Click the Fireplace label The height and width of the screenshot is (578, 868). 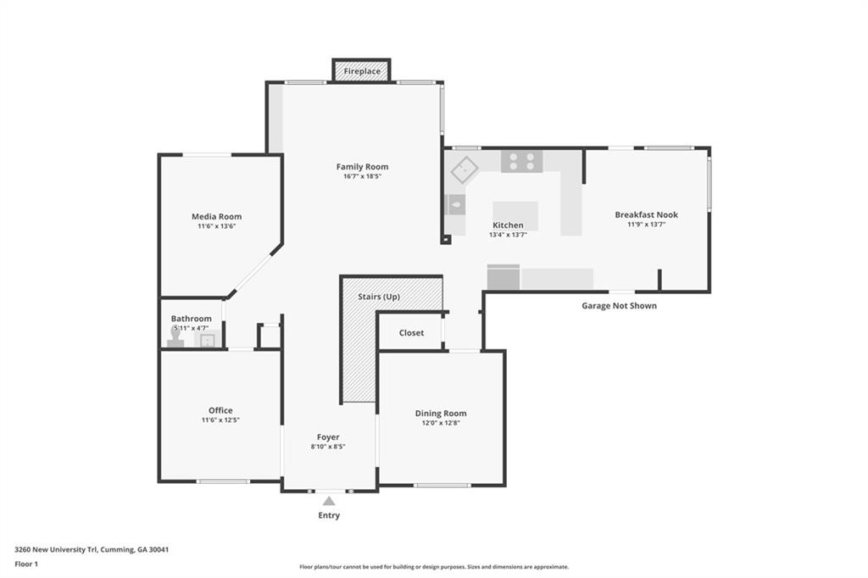362,71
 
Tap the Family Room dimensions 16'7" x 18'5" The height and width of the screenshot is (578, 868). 363,176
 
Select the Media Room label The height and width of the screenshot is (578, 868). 216,216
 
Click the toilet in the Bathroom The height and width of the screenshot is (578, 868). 175,337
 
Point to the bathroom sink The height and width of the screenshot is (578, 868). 208,339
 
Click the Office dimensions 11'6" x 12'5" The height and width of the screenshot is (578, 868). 220,420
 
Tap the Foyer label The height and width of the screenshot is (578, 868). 328,437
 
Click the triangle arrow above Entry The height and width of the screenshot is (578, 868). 329,501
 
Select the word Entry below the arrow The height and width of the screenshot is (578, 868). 329,515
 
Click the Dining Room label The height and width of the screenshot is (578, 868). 441,413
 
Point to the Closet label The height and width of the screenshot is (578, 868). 411,333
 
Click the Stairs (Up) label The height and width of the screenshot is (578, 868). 379,297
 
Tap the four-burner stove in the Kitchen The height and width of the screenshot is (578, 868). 522,161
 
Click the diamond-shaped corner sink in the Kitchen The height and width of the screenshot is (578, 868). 465,170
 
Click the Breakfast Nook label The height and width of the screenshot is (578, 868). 647,214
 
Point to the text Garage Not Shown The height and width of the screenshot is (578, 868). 619,306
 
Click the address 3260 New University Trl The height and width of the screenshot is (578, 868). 57,550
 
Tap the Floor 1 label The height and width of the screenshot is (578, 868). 26,564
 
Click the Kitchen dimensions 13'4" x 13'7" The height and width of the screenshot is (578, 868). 508,235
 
